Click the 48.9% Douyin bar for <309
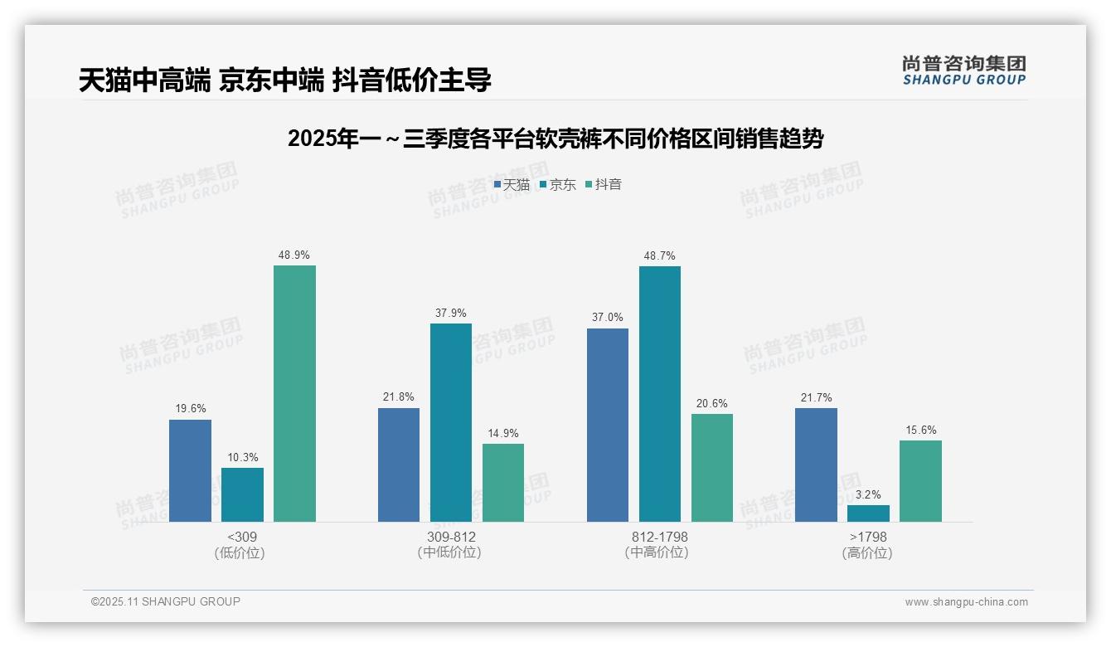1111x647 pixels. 294,393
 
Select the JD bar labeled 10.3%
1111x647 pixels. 242,494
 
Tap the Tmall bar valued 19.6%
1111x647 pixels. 190,470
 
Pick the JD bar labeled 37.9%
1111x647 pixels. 451,422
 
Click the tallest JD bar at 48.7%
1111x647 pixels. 660,393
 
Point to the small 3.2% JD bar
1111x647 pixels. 868,513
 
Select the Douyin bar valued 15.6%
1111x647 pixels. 920,481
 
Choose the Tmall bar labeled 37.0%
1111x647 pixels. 608,425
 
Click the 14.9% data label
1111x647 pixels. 503,433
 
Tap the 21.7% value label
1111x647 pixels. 816,397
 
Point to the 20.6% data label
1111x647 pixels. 712,404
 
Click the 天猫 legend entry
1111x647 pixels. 512,184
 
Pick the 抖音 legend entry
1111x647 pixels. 604,184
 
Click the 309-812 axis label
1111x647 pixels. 451,537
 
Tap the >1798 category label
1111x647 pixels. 868,537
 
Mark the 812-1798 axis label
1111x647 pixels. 660,537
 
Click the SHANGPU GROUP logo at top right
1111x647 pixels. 964,70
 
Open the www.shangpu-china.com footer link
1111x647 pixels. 966,602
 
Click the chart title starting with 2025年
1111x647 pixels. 555,139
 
